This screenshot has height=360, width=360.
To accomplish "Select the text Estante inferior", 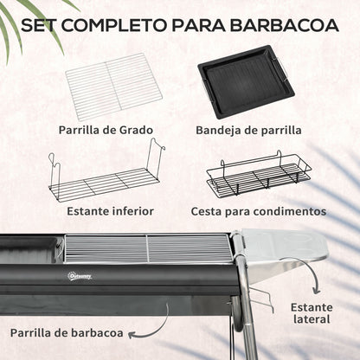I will pyautogui.click(x=111, y=210).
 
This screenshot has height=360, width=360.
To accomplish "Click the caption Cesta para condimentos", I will pyautogui.click(x=259, y=210).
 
